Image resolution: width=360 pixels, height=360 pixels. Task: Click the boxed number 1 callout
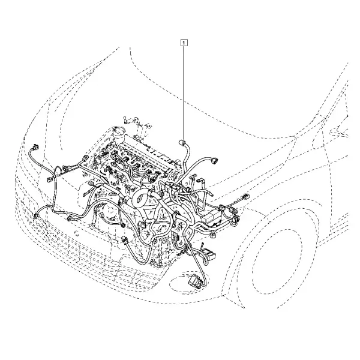click(x=184, y=43)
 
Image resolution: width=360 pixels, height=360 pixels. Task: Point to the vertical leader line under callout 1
click(x=184, y=92)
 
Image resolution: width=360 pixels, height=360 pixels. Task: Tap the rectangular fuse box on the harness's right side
click(x=212, y=216)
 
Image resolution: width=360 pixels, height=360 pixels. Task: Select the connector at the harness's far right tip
click(x=245, y=197)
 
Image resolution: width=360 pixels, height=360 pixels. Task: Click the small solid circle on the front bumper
click(x=77, y=235)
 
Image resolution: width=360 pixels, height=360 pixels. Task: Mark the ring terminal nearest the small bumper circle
click(x=92, y=226)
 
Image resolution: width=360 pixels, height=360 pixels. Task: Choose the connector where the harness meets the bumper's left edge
click(x=35, y=216)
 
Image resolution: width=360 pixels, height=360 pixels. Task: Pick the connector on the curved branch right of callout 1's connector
click(x=214, y=160)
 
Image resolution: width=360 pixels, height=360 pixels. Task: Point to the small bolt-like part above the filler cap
click(x=125, y=119)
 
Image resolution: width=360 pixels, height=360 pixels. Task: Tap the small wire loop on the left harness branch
click(x=58, y=171)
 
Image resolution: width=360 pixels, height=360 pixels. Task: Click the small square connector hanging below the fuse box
click(x=212, y=235)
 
